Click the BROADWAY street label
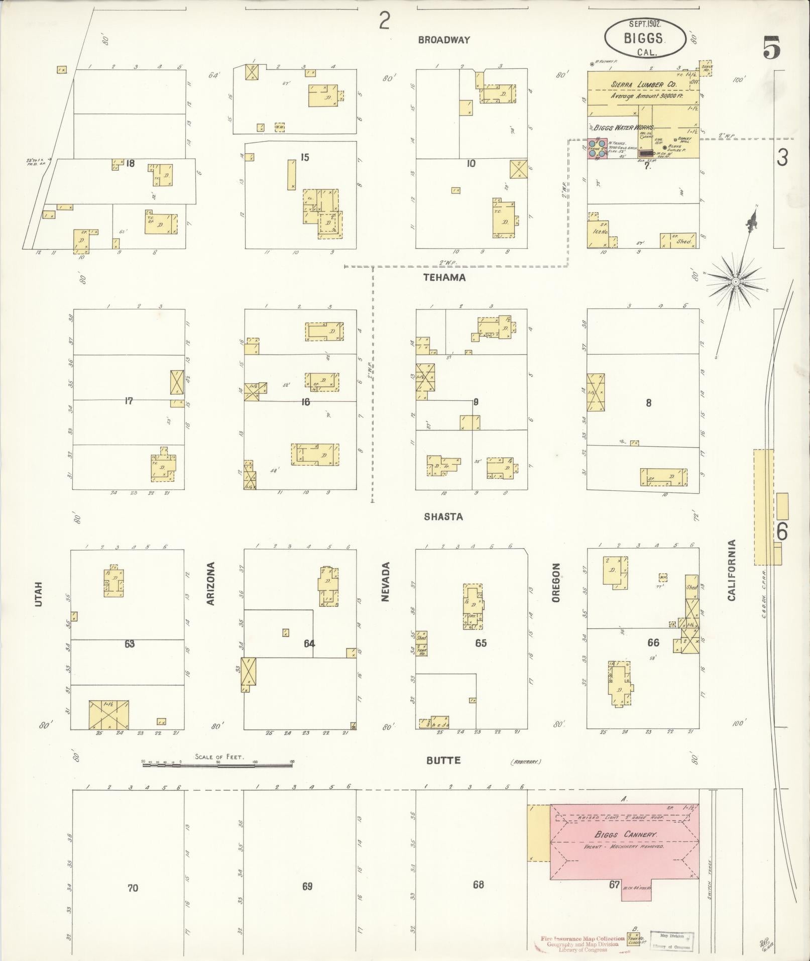[444, 40]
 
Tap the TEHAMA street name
[444, 277]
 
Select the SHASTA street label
[443, 516]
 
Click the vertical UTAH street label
[39, 595]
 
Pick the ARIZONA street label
[211, 583]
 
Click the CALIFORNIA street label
[731, 570]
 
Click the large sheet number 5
[772, 49]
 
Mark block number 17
[129, 401]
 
